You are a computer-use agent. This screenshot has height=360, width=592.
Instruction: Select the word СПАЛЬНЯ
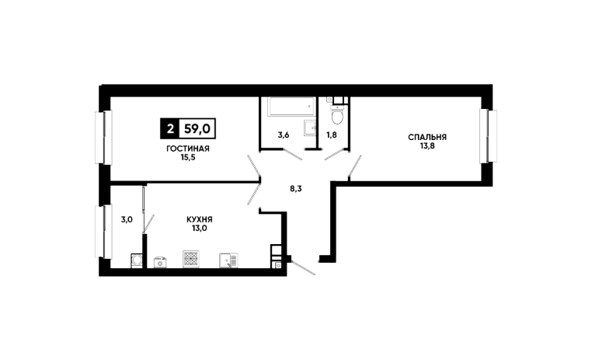click(x=427, y=138)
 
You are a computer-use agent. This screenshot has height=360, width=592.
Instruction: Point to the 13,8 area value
click(x=427, y=145)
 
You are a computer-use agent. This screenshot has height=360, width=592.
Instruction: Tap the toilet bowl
click(x=336, y=116)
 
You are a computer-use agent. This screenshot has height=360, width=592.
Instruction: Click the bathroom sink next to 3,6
click(x=310, y=128)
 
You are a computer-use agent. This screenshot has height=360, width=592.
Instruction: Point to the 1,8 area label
click(x=331, y=135)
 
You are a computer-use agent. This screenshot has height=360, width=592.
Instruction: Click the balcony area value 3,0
click(x=127, y=220)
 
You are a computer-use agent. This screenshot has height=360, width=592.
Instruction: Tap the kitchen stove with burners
click(x=191, y=259)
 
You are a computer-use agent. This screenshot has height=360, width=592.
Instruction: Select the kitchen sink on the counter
click(x=228, y=260)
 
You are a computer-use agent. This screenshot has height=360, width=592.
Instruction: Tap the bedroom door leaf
click(x=355, y=166)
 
